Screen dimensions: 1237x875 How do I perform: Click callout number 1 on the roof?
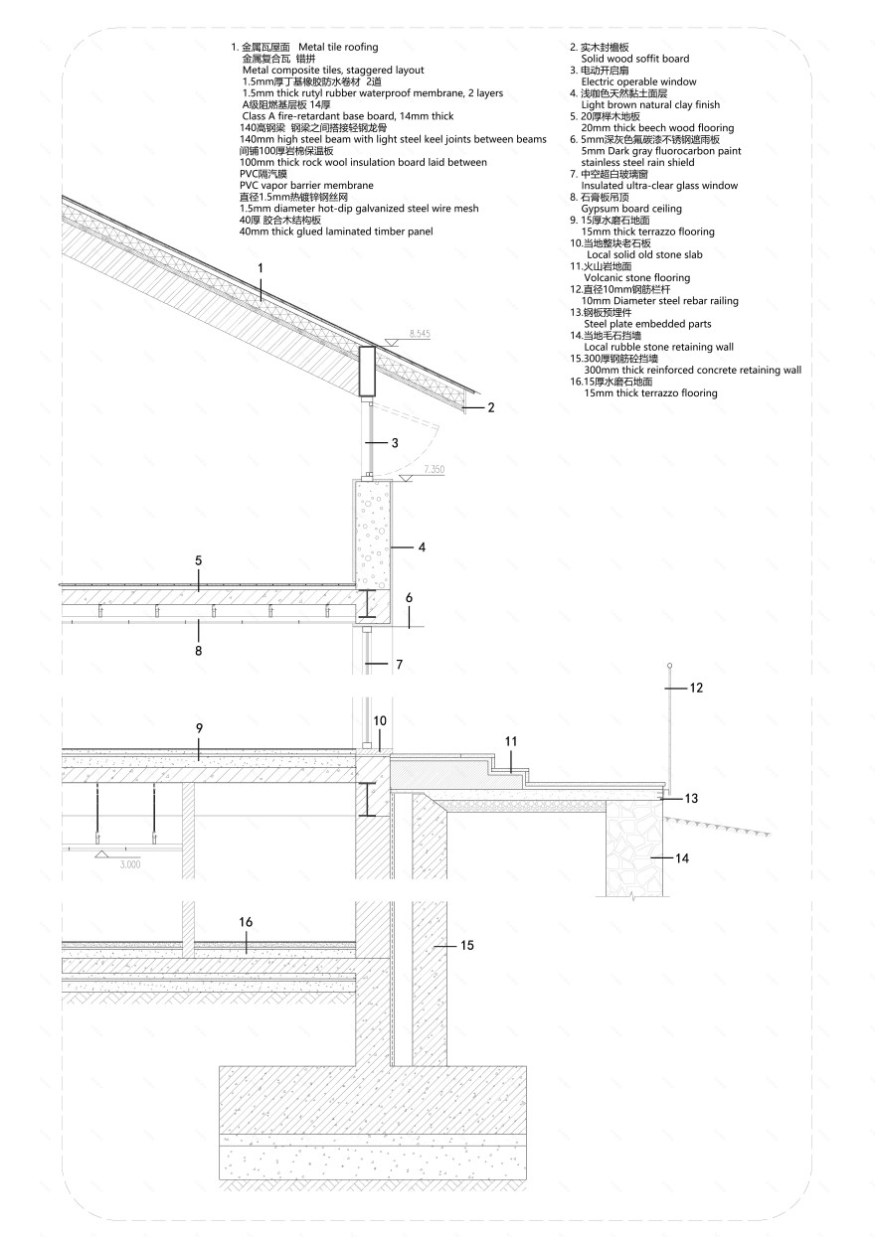[260, 267]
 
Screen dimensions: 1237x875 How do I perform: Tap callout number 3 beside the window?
[395, 442]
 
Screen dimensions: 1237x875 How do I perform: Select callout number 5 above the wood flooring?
[198, 561]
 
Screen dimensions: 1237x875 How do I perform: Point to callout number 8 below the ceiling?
[198, 651]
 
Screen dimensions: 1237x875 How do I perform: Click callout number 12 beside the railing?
[696, 688]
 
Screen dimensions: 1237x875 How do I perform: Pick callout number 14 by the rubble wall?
[681, 857]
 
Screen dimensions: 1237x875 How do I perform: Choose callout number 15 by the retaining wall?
[466, 946]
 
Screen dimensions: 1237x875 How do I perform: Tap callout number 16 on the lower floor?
[246, 922]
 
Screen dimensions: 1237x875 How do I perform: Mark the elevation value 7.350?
[435, 467]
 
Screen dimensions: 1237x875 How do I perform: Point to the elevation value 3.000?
[130, 864]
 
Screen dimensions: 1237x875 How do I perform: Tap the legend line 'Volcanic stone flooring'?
[636, 278]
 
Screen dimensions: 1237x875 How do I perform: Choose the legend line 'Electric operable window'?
[638, 81]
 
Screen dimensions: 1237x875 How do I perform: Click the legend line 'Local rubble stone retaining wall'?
[659, 347]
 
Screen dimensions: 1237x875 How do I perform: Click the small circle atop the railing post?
[669, 665]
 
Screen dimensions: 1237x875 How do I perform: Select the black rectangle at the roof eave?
[366, 371]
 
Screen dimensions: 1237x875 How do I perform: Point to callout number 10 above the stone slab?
[379, 720]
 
